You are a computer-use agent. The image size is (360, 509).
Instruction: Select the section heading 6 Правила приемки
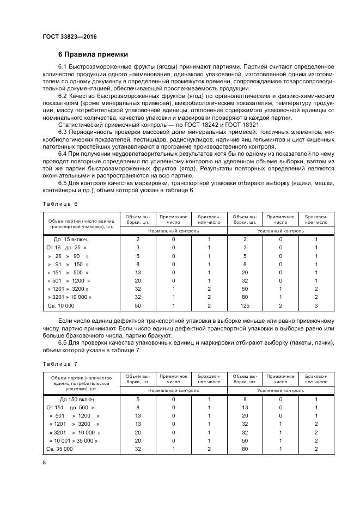click(93, 54)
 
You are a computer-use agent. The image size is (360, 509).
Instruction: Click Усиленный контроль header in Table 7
click(280, 390)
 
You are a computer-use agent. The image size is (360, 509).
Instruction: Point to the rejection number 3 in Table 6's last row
click(316, 306)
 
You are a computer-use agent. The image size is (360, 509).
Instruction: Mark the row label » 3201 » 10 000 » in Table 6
click(70, 297)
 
